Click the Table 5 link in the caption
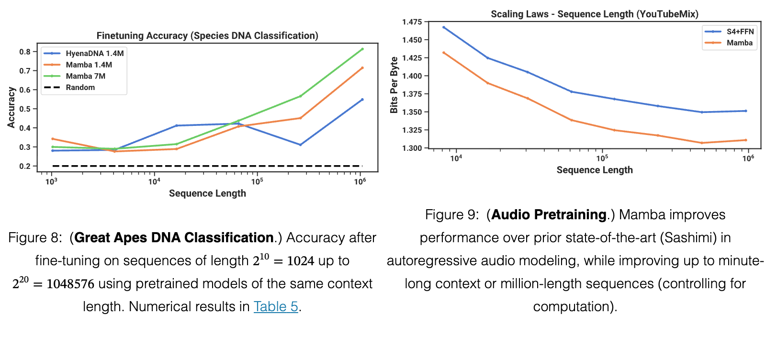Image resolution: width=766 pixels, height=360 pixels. [x=276, y=306]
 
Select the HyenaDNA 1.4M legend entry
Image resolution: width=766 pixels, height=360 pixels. [x=84, y=53]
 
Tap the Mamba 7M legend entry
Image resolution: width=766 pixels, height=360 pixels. [x=75, y=76]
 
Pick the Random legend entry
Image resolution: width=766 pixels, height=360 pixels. [x=69, y=88]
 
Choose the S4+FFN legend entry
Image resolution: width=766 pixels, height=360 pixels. [x=730, y=32]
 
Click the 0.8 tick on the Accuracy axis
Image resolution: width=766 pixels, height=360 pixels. [x=25, y=52]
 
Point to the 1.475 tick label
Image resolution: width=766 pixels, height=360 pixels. [x=412, y=22]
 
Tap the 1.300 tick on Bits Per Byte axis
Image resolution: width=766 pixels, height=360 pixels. [x=412, y=148]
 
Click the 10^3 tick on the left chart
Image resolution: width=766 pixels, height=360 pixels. [x=51, y=181]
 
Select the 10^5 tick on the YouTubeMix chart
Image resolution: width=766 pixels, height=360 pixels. [x=602, y=158]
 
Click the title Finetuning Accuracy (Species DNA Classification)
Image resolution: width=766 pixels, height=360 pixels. [x=207, y=35]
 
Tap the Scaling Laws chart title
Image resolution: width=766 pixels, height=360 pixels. [x=595, y=14]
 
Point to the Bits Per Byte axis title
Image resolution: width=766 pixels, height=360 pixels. [x=394, y=85]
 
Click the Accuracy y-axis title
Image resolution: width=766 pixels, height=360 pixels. [x=11, y=107]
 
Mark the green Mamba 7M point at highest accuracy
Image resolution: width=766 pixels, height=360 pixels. [x=362, y=49]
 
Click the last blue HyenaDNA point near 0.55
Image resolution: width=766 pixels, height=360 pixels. [x=362, y=100]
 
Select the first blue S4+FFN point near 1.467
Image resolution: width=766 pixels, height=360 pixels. [x=444, y=27]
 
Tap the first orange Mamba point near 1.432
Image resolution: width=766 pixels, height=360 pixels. [x=444, y=53]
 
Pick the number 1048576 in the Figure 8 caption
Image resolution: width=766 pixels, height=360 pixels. [x=70, y=284]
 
